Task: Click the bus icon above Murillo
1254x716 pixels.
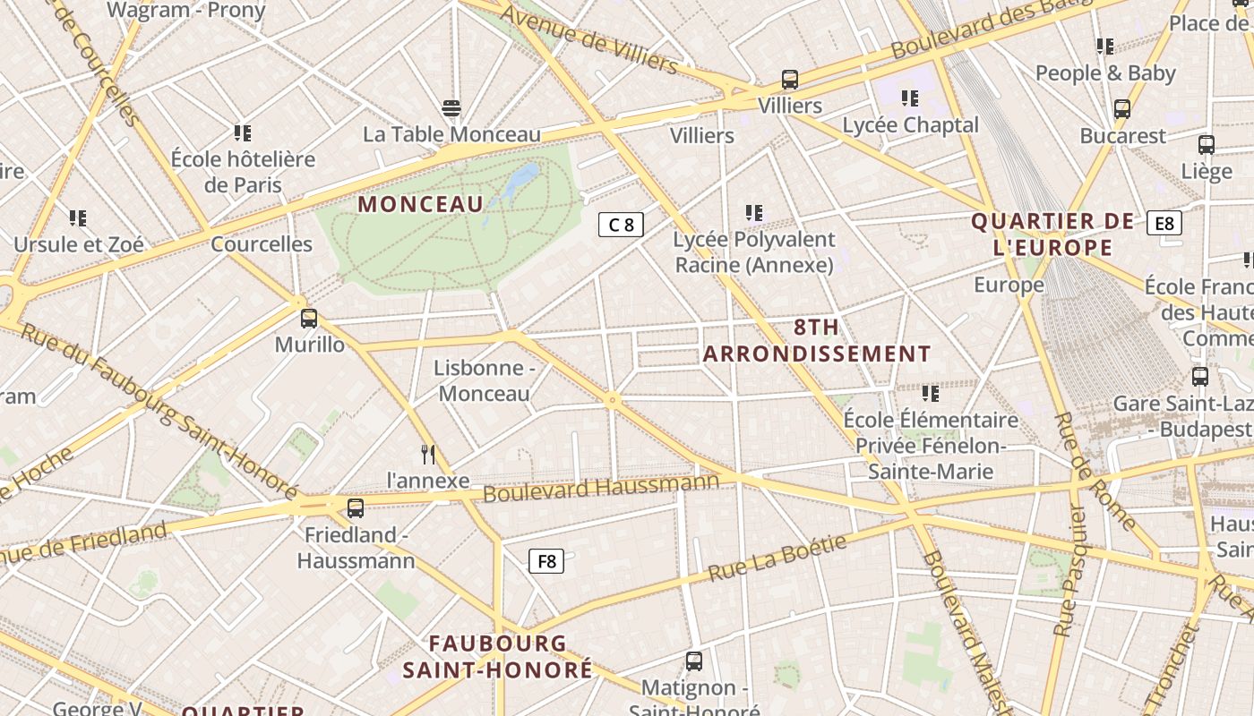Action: (309, 318)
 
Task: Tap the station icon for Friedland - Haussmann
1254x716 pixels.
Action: (356, 508)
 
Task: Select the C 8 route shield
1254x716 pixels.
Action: (621, 225)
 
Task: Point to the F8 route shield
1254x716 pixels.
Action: (545, 562)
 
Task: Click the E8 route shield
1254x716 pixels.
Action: (1164, 223)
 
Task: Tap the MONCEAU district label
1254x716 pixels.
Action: (420, 204)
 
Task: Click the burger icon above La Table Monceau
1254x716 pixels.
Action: (451, 109)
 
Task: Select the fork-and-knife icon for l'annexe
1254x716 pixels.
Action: (428, 455)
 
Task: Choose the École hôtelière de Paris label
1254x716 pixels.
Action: (243, 172)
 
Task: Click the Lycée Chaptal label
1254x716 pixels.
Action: (910, 125)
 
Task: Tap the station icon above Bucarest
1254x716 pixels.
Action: (1122, 109)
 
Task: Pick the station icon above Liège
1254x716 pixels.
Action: (1207, 145)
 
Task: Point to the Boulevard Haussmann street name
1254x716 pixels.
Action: (601, 488)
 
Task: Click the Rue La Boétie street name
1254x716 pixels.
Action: (777, 558)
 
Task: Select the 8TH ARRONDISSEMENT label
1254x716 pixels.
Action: (816, 341)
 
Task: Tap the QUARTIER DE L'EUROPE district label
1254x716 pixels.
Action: (1045, 234)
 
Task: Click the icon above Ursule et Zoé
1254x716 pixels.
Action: (78, 217)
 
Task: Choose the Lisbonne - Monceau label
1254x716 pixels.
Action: (484, 380)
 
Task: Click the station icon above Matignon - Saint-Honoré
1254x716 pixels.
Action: (693, 661)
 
